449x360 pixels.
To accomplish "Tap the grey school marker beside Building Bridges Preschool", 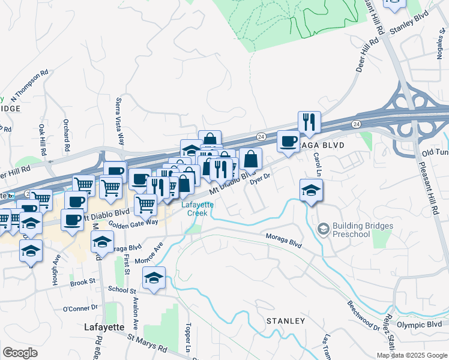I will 324,229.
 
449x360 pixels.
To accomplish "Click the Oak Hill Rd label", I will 43,140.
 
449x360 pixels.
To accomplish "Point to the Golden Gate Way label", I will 133,222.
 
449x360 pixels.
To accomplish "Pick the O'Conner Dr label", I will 80,308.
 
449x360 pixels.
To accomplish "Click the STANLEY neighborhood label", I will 285,321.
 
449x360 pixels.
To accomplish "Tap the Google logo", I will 20,353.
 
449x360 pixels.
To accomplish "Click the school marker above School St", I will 154,278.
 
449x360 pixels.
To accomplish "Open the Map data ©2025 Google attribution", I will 411,355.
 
